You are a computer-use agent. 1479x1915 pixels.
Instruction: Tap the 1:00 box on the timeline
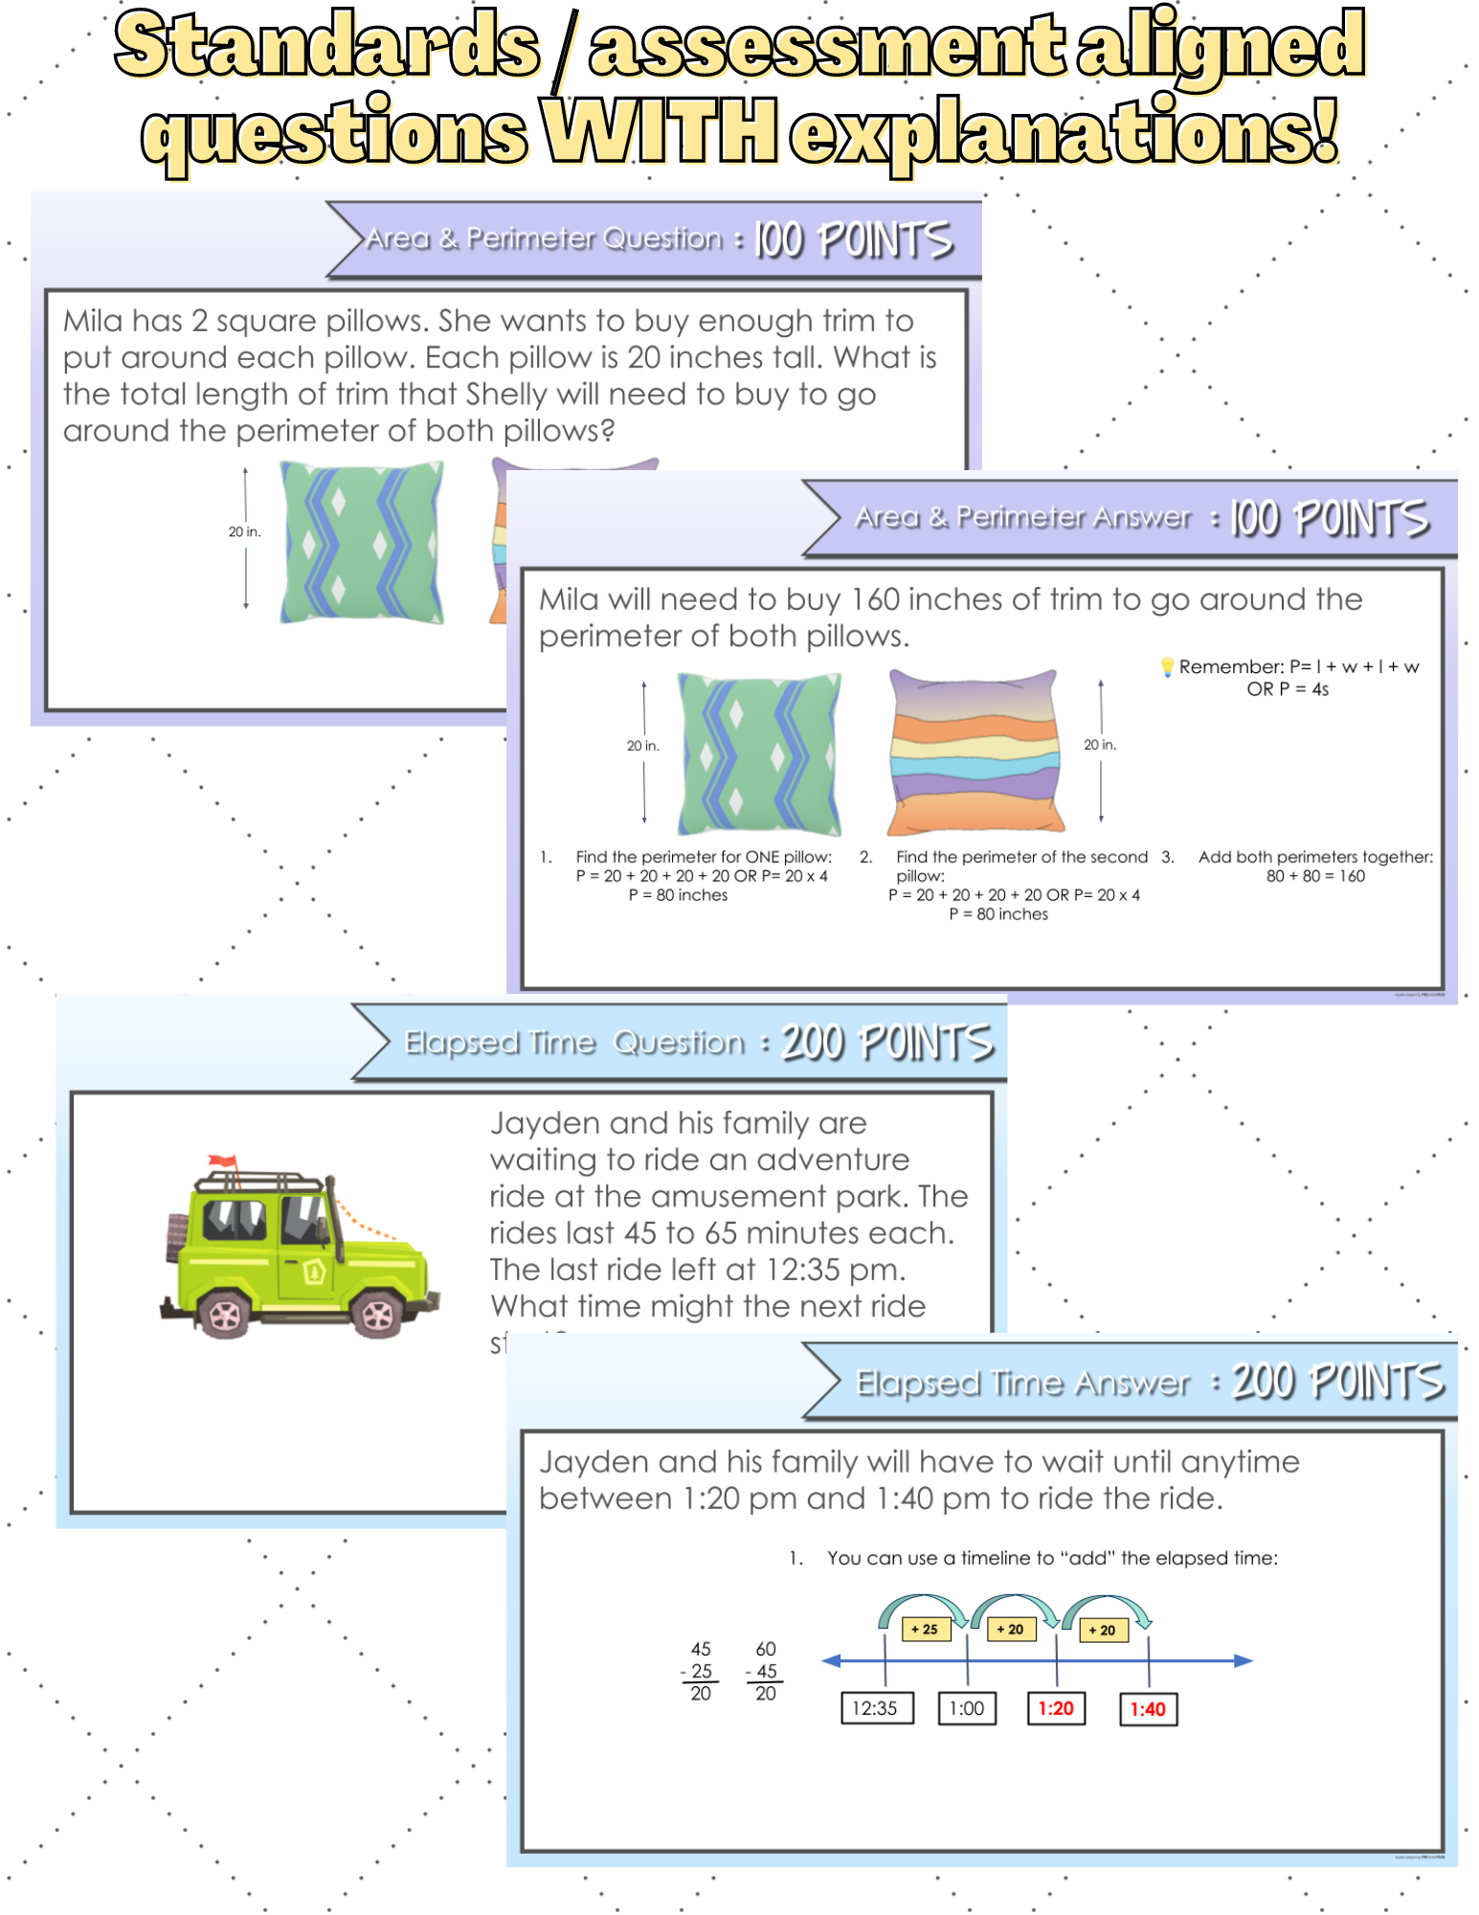[967, 1708]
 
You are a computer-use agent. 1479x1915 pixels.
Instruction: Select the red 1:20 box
[1056, 1708]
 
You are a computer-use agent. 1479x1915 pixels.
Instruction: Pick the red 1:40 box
[1148, 1709]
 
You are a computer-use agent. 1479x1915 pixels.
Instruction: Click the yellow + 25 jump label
[925, 1629]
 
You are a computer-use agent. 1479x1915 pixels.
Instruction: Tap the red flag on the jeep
[222, 1161]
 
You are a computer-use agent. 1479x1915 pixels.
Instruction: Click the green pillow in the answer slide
[759, 754]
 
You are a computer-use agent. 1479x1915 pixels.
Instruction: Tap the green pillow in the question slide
[362, 542]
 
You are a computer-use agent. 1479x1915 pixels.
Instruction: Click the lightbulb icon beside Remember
[1167, 666]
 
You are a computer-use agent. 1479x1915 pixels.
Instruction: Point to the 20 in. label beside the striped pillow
[1100, 745]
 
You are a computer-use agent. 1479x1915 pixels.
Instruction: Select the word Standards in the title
[327, 46]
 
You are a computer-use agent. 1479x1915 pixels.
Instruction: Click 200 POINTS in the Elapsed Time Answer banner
[1336, 1382]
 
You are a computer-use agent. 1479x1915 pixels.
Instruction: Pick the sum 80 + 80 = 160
[1315, 876]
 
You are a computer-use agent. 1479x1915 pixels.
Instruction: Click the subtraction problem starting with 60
[766, 1671]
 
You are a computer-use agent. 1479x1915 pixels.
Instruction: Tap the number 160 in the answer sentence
[875, 599]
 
